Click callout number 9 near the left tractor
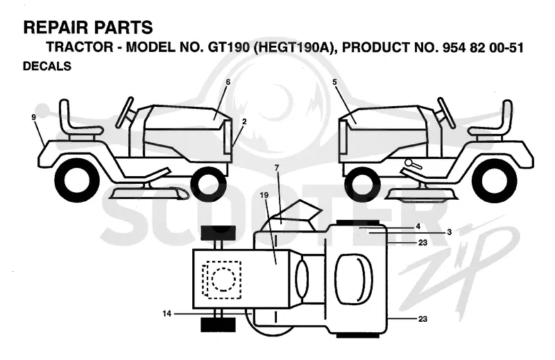(x=33, y=117)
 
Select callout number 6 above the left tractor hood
(x=228, y=82)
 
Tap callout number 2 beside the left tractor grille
(x=244, y=121)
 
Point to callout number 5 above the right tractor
(x=334, y=82)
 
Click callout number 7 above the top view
(x=277, y=168)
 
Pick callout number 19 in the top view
(x=264, y=195)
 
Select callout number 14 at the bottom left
(x=166, y=314)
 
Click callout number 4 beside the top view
(x=418, y=226)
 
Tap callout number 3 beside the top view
(x=449, y=232)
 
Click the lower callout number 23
(x=422, y=319)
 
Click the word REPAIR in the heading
(x=55, y=28)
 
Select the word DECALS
(x=47, y=66)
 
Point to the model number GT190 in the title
(x=228, y=47)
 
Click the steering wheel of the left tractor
(x=125, y=112)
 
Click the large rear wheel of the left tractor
(x=77, y=180)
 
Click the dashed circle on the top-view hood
(x=223, y=279)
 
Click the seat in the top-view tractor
(x=354, y=279)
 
